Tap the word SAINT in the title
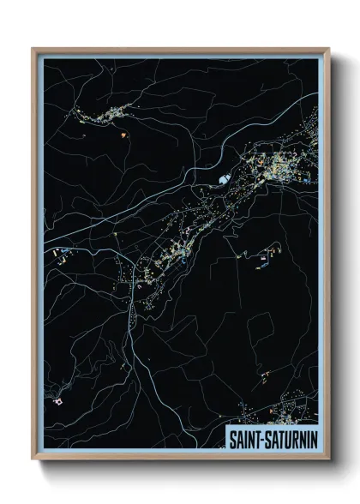[x=243, y=437]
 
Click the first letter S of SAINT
[x=231, y=437]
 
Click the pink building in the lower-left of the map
[x=58, y=400]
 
